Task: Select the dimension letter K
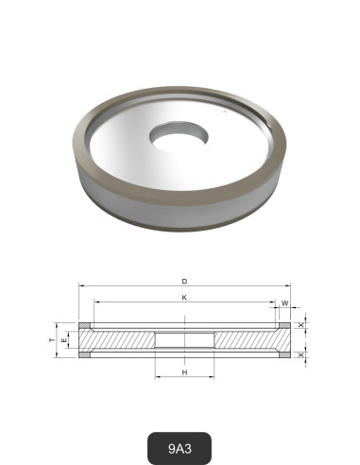[x=183, y=298]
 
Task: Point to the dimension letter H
[x=183, y=373]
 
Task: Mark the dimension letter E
[x=63, y=339]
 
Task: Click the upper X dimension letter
[x=302, y=326]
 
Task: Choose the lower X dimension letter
[x=302, y=354]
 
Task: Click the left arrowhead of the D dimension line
[x=81, y=285]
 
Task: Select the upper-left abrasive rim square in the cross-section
[x=85, y=327]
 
